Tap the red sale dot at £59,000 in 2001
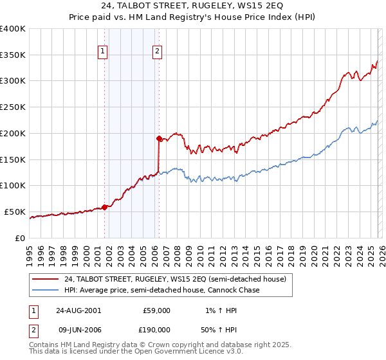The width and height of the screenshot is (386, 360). pyautogui.click(x=104, y=207)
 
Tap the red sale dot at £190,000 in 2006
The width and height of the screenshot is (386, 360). pyautogui.click(x=158, y=138)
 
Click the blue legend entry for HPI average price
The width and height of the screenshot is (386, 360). pyautogui.click(x=161, y=291)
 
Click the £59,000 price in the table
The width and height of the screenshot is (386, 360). pyautogui.click(x=157, y=310)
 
